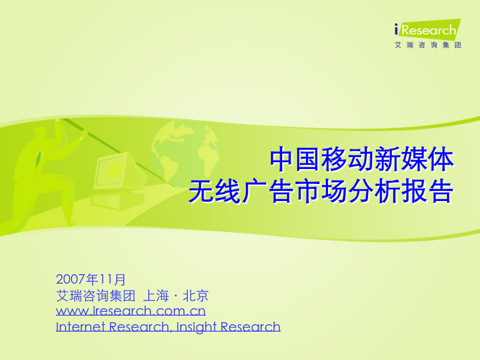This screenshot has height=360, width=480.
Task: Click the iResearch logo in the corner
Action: [x=428, y=30]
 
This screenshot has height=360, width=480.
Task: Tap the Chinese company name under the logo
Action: [x=428, y=45]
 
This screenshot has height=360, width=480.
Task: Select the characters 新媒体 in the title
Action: [x=414, y=159]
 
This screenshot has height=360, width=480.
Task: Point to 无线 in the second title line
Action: [x=214, y=191]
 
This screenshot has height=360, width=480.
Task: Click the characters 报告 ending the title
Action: [x=427, y=191]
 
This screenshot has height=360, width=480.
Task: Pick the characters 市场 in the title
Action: [x=321, y=191]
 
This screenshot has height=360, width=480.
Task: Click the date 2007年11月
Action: [x=91, y=279]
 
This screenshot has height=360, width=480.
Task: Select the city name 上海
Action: [x=156, y=295]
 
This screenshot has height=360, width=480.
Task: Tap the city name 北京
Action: [x=196, y=295]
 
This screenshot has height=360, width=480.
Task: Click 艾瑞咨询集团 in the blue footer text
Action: [x=95, y=295]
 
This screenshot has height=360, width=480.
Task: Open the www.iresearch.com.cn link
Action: [x=131, y=311]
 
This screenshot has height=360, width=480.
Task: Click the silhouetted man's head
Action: [x=40, y=132]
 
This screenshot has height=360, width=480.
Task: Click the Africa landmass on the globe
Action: [x=209, y=156]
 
